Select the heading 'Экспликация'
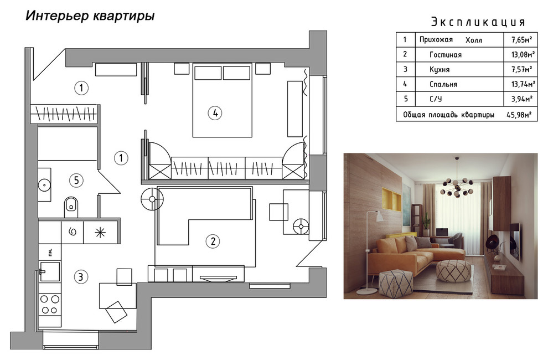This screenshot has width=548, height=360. point(477,22)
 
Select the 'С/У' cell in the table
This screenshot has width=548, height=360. point(436,99)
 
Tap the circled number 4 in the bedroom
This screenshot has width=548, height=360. point(215,113)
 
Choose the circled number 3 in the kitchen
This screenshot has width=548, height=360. point(81,276)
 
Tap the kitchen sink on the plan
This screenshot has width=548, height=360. point(49,271)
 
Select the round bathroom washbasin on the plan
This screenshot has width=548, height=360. point(44,183)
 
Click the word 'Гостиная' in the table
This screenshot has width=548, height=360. point(445,54)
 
